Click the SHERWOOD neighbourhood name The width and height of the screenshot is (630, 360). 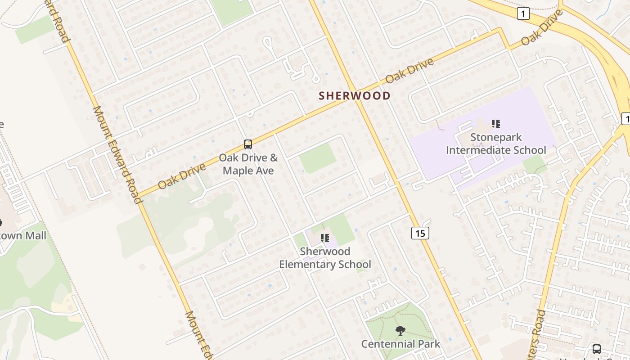(355, 95)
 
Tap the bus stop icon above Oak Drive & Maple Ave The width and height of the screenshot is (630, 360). (248, 144)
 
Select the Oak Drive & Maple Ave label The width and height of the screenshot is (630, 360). (248, 164)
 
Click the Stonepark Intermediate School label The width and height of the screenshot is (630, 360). (496, 144)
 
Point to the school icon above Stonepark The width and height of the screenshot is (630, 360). (496, 124)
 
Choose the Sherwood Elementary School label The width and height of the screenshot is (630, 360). (325, 257)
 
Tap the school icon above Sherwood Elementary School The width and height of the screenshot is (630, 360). (325, 238)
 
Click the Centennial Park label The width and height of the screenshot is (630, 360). (400, 344)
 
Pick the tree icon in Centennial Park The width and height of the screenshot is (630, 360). (400, 331)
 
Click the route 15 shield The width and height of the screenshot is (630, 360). (420, 233)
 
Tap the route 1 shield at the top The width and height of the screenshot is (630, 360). (522, 14)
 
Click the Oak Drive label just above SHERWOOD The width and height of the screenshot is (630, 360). (409, 70)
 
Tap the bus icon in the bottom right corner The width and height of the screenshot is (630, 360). (597, 349)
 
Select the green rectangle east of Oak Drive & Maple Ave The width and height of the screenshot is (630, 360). (318, 158)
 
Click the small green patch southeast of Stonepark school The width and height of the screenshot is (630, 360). (535, 164)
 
